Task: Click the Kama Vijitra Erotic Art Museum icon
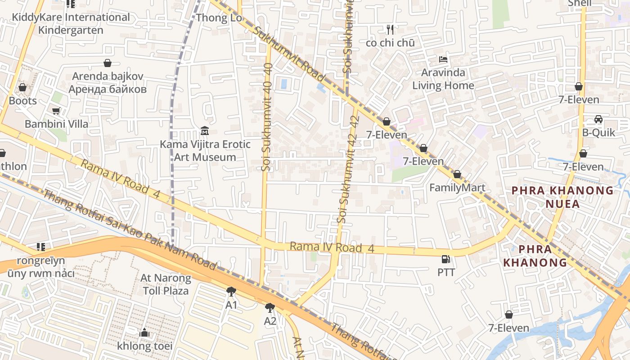tap(205, 131)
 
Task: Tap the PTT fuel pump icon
tap(445, 259)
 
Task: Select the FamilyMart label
tap(457, 188)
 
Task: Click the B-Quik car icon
tap(598, 119)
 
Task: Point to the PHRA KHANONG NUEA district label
tap(562, 197)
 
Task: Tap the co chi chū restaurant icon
tap(390, 30)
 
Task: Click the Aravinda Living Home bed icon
tap(443, 59)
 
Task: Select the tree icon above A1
tap(231, 292)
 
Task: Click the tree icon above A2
tap(270, 308)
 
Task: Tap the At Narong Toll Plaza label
tap(166, 284)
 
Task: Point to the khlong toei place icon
tap(144, 333)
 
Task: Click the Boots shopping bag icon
tap(22, 87)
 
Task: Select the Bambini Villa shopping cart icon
tap(56, 111)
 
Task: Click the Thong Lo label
tap(219, 18)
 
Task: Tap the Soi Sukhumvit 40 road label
tap(267, 117)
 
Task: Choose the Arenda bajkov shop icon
tap(108, 63)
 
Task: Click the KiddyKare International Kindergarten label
tap(71, 23)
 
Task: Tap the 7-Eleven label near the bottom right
tap(509, 328)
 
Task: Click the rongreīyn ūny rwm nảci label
tap(41, 267)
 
